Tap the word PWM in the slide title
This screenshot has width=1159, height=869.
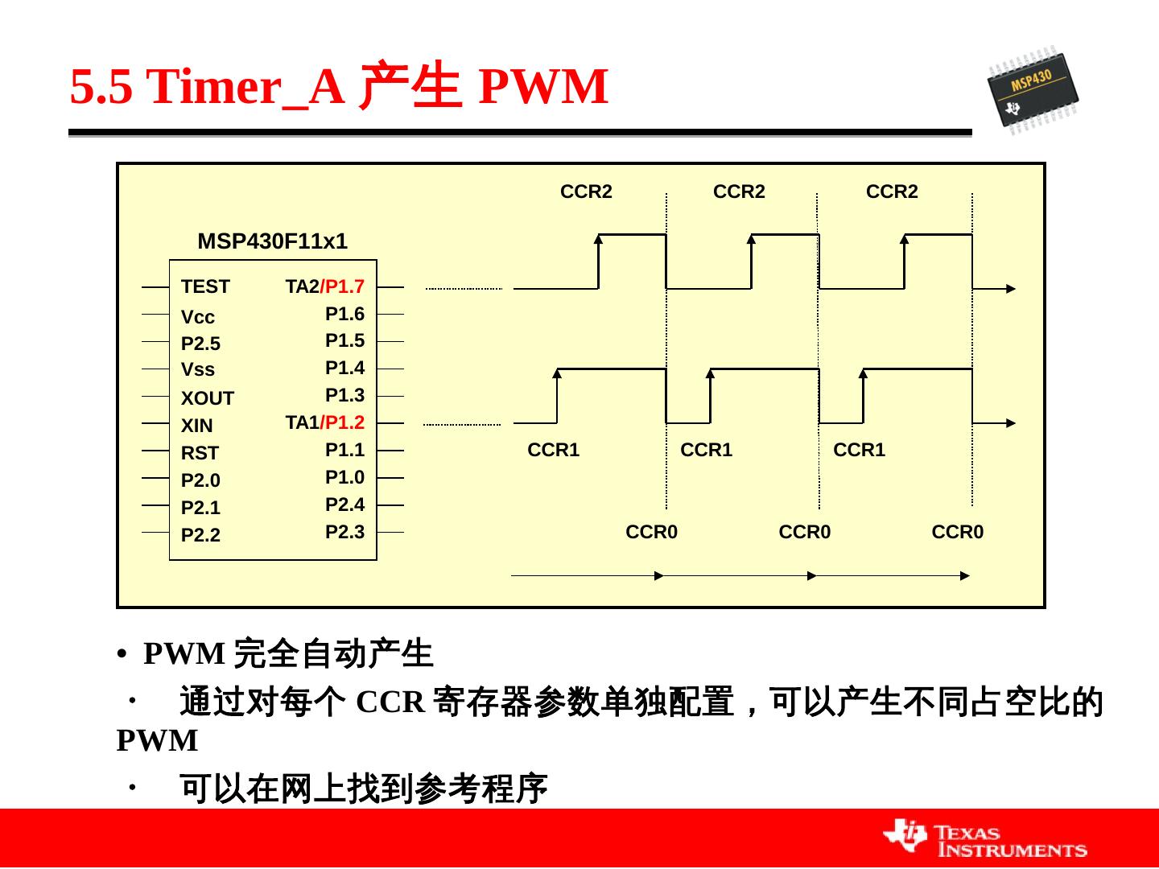(543, 87)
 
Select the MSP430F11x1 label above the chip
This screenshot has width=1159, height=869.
(272, 241)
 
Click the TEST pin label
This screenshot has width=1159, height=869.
(205, 286)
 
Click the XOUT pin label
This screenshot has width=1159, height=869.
(207, 398)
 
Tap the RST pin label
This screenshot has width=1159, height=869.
(200, 453)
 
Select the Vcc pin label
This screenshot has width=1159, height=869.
(198, 317)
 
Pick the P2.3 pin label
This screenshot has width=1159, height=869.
(344, 532)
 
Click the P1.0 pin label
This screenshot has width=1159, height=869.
(344, 477)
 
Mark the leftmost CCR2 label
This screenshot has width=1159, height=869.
(586, 192)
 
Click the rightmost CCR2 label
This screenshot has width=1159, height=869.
(892, 192)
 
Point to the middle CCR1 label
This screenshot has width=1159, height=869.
(706, 450)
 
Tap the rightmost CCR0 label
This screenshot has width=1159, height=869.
(957, 532)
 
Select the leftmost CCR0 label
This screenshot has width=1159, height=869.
(651, 532)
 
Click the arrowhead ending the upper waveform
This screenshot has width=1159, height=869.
(1011, 289)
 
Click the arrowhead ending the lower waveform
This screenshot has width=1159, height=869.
(1011, 422)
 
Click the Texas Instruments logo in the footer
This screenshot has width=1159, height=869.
(985, 839)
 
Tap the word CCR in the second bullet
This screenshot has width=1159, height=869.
(390, 702)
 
